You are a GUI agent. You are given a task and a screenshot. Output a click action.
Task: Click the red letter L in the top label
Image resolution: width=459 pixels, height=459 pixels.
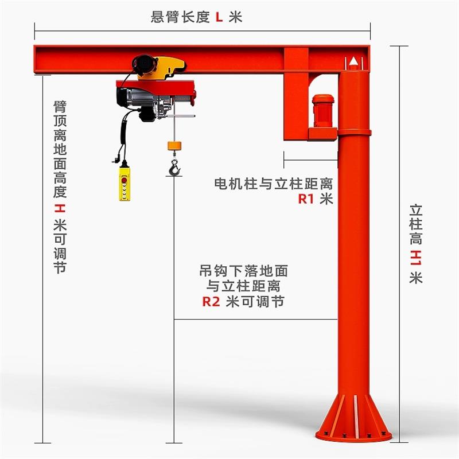pos(218,17)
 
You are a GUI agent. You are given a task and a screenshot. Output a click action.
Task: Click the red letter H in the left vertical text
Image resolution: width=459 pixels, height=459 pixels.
pos(59,207)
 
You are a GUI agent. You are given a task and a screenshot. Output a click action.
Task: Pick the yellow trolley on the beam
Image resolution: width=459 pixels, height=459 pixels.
pos(161,66)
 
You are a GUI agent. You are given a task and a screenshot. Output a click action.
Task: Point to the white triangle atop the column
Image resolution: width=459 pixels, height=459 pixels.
pos(354,60)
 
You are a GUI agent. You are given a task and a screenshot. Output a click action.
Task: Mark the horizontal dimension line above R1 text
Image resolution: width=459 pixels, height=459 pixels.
pos(310,161)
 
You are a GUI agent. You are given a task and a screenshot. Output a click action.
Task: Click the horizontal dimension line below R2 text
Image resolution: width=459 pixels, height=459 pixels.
pos(255,318)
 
